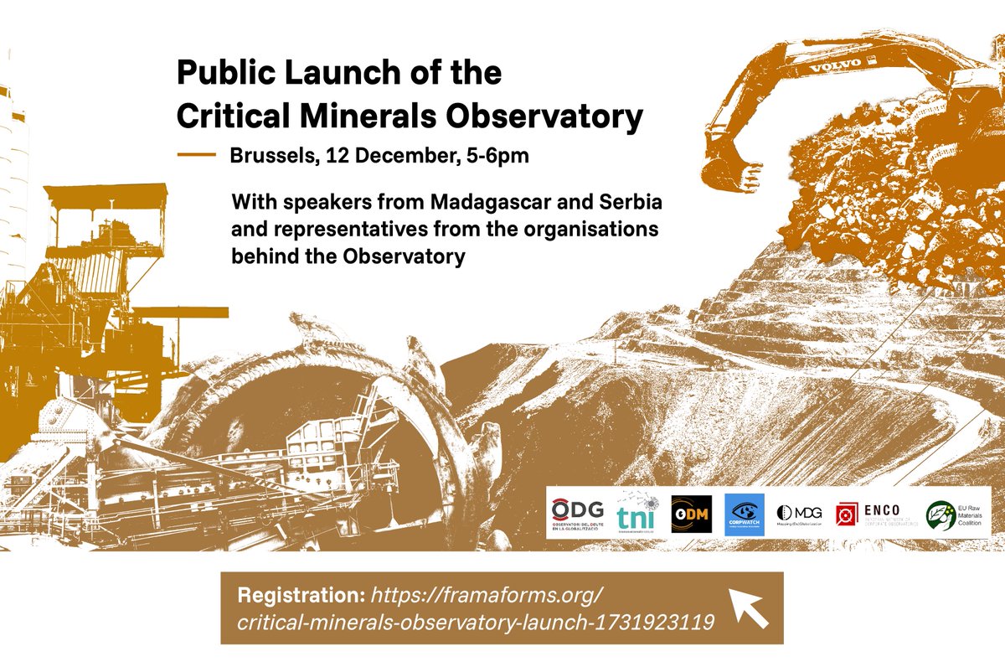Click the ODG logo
(x=577, y=514)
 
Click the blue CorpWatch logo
(x=744, y=514)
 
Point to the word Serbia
(x=627, y=203)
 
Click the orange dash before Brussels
(x=197, y=155)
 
